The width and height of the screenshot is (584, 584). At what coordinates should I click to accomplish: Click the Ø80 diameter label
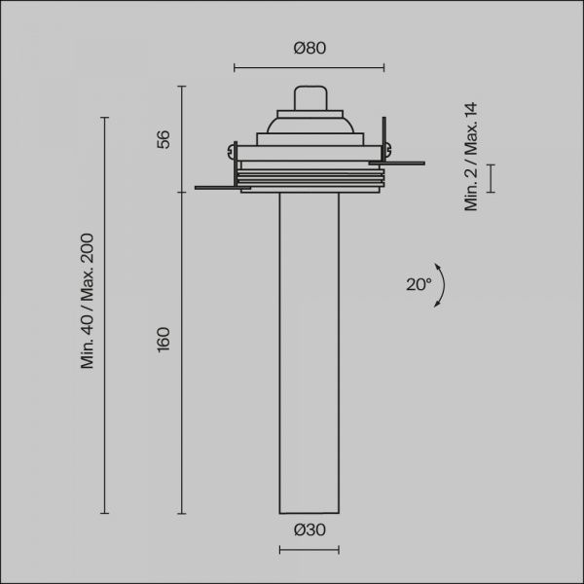point(310,48)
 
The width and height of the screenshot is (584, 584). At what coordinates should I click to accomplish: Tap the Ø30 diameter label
point(310,529)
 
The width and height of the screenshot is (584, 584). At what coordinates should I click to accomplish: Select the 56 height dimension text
point(164,139)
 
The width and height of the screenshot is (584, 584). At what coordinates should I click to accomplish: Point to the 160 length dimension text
point(164,340)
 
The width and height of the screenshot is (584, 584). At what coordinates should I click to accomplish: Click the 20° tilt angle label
point(419,284)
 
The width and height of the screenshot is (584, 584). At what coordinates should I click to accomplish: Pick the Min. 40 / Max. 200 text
point(88,301)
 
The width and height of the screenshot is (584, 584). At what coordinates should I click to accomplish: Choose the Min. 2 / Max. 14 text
point(471,157)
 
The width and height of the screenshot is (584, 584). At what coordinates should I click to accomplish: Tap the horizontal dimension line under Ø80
point(310,68)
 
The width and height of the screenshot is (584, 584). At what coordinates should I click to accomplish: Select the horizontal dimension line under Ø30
point(310,550)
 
